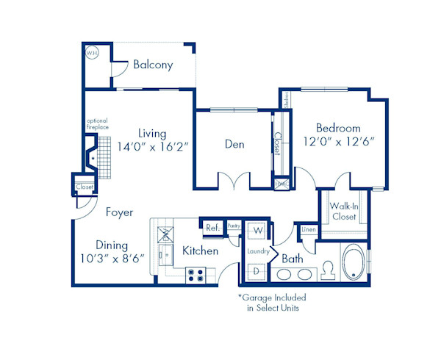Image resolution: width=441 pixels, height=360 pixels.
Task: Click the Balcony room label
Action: pyautogui.click(x=153, y=65)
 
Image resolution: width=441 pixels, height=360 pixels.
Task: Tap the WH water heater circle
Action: pyautogui.click(x=93, y=53)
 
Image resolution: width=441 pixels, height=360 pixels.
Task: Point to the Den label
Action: pyautogui.click(x=234, y=145)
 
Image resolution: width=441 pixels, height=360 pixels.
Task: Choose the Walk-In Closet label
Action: pyautogui.click(x=343, y=212)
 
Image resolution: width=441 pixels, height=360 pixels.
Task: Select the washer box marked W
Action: pyautogui.click(x=258, y=231)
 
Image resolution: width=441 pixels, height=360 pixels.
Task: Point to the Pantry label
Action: pyautogui.click(x=234, y=226)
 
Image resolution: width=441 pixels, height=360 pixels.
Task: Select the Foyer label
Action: pyautogui.click(x=119, y=212)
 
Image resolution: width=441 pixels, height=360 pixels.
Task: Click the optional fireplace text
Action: pyautogui.click(x=97, y=125)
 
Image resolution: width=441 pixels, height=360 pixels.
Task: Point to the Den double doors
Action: pyautogui.click(x=236, y=180)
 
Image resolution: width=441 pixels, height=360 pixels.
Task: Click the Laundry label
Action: pyautogui.click(x=257, y=251)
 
